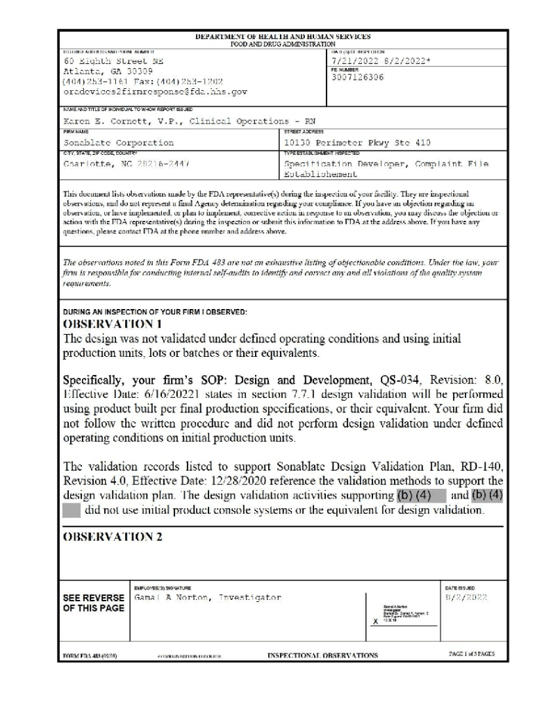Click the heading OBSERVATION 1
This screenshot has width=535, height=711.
[x=113, y=324]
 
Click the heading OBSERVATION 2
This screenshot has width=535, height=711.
[x=113, y=537]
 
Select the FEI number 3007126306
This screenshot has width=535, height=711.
[x=358, y=78]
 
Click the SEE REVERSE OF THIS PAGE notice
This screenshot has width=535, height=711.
[x=94, y=603]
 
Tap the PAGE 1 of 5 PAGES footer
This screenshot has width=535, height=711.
[x=472, y=654]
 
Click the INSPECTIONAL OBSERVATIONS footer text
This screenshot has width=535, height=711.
[x=322, y=655]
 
